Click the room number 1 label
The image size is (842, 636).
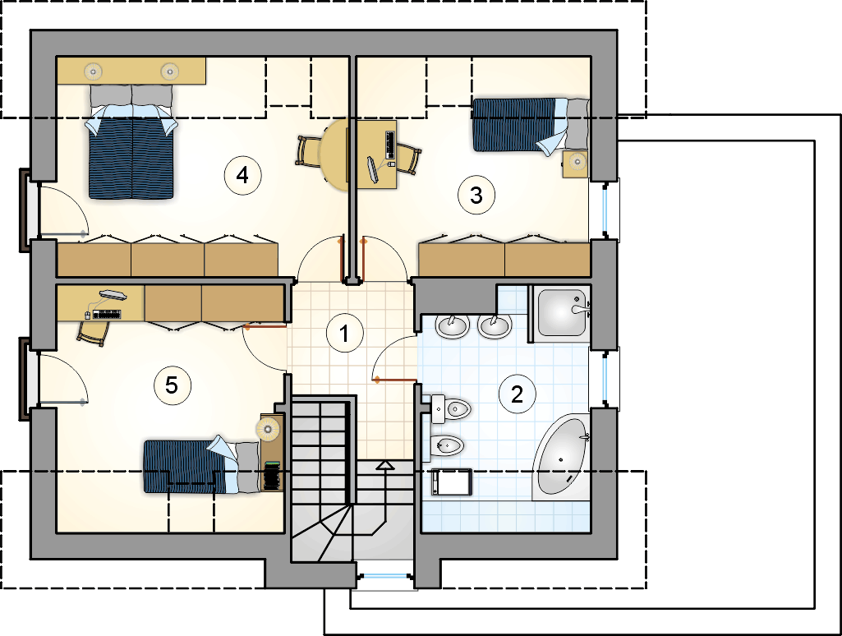click(x=345, y=333)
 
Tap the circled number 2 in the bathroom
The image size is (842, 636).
click(x=518, y=394)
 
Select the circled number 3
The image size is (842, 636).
click(x=476, y=195)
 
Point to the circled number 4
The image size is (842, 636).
click(x=242, y=175)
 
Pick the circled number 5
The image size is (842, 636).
click(x=172, y=385)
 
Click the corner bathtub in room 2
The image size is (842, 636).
click(x=562, y=457)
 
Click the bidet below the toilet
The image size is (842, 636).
click(x=447, y=445)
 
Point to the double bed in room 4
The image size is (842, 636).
click(x=132, y=142)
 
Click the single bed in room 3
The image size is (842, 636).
click(x=530, y=125)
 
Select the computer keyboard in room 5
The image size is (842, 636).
click(x=107, y=314)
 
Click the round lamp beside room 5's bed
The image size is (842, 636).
click(x=268, y=429)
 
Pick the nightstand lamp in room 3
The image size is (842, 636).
click(x=577, y=160)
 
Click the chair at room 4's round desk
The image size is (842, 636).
click(x=308, y=151)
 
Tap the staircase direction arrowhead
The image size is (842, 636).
click(x=385, y=465)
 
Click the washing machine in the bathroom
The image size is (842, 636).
click(x=452, y=482)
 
